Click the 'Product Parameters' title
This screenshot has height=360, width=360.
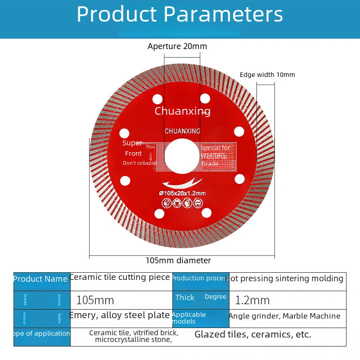pyautogui.click(x=180, y=14)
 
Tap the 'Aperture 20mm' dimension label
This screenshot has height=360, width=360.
pyautogui.click(x=177, y=46)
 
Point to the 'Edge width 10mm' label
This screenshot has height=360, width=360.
pyautogui.click(x=267, y=75)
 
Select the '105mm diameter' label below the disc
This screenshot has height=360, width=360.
pyautogui.click(x=178, y=260)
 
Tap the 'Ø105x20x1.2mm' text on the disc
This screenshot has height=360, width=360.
pyautogui.click(x=182, y=193)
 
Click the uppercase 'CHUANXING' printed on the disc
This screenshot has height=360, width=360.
pyautogui.click(x=182, y=131)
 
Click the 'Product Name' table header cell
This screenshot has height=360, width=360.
pyautogui.click(x=40, y=279)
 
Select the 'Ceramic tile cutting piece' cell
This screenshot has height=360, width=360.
pyautogui.click(x=120, y=277)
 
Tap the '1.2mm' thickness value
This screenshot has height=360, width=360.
pyautogui.click(x=252, y=300)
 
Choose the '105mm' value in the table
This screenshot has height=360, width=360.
pyautogui.click(x=95, y=300)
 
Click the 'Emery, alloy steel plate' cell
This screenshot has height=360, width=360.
pyautogui.click(x=120, y=315)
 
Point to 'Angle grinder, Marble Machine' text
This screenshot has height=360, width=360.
pyautogui.click(x=284, y=316)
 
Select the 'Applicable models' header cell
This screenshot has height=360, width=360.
pyautogui.click(x=189, y=318)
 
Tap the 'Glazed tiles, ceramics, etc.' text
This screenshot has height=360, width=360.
pyautogui.click(x=253, y=334)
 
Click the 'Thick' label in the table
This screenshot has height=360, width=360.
pyautogui.click(x=185, y=297)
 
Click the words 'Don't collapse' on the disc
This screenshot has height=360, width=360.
pyautogui.click(x=140, y=163)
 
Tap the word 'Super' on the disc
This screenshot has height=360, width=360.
pyautogui.click(x=132, y=143)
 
